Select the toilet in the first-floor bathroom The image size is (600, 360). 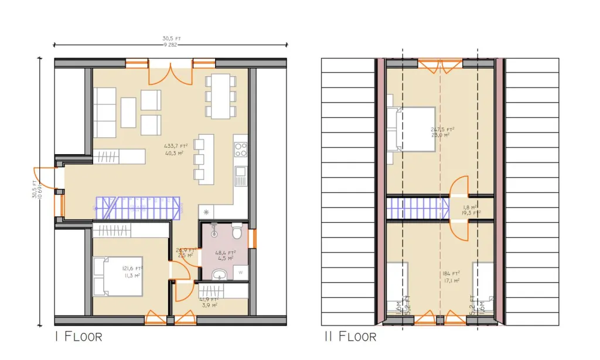(x=237, y=233)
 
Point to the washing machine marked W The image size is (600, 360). (x=241, y=273)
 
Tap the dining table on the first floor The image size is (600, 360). (x=221, y=96)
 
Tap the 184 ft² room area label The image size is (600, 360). (x=449, y=276)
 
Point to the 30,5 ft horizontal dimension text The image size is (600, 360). (x=172, y=39)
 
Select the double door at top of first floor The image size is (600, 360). (x=169, y=73)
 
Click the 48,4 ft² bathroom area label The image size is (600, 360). (x=224, y=256)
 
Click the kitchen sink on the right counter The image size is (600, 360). (x=240, y=172)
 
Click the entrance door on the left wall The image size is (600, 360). (x=46, y=178)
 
